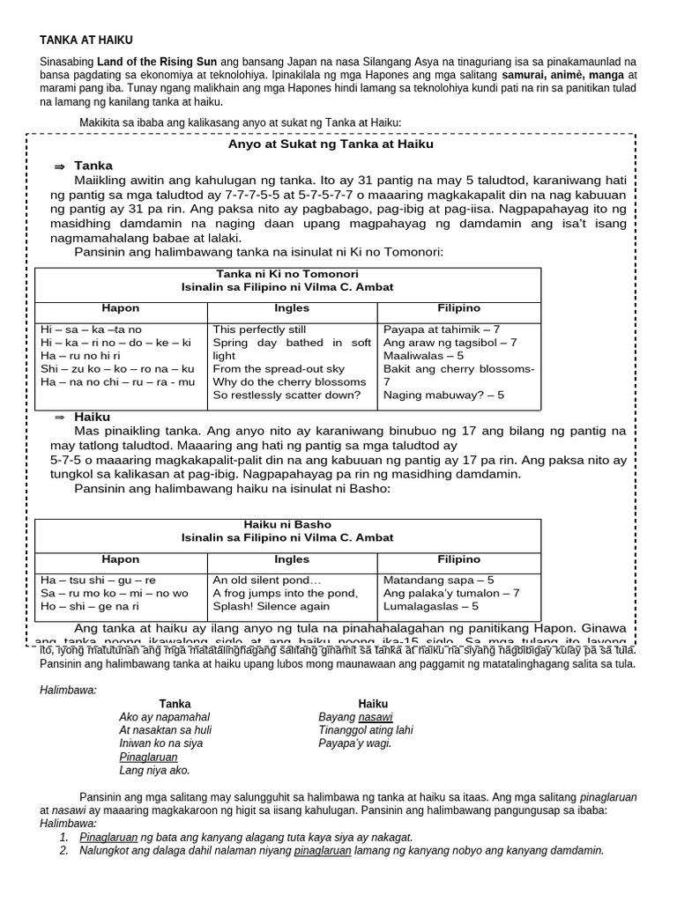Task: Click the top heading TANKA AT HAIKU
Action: (x=86, y=41)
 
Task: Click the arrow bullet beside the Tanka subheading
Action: (x=60, y=166)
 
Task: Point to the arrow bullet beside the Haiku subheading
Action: (x=60, y=417)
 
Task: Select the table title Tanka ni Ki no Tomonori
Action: (x=286, y=274)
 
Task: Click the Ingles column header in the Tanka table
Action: (x=292, y=308)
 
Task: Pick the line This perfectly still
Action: (x=257, y=329)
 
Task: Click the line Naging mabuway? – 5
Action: (x=444, y=396)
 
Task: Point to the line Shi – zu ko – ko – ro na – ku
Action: (x=117, y=369)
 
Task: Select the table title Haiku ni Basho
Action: (x=287, y=524)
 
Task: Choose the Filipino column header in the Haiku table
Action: (x=458, y=559)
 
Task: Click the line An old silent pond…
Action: (x=267, y=580)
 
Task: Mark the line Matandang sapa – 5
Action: (x=439, y=580)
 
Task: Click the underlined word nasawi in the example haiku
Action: (x=375, y=717)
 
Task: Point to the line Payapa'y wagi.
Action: (x=355, y=743)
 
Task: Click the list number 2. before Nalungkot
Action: (x=63, y=851)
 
